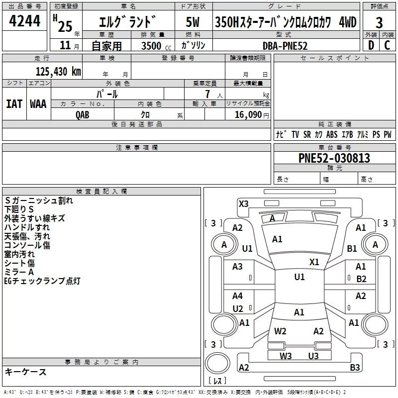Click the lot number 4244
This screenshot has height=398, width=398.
[25, 21]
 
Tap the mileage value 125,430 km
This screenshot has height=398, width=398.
[58, 72]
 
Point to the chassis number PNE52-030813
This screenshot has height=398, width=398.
[334, 158]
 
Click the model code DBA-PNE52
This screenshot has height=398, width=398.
[285, 46]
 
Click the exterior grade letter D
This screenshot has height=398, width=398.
[371, 46]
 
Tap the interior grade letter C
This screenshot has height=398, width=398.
[387, 46]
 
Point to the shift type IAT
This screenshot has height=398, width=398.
[14, 103]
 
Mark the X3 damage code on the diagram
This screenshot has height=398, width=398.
[243, 203]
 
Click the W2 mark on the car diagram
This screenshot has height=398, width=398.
[280, 331]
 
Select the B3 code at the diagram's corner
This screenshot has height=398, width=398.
[355, 368]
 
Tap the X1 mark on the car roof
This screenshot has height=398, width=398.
[314, 262]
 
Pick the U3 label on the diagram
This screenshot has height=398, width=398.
[313, 356]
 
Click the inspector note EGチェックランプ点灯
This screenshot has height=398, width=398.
[42, 281]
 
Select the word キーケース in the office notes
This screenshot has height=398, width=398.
[25, 372]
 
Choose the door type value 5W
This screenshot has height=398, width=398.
[193, 22]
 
